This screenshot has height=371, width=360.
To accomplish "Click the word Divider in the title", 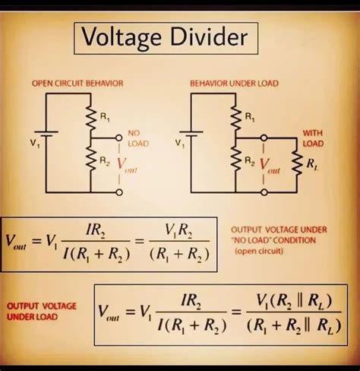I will coord(206,36).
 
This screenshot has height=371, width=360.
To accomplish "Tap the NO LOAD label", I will coord(138,138).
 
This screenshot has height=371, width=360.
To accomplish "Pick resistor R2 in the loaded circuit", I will coord(236,161).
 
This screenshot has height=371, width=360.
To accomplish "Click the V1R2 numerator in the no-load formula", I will coord(182,229).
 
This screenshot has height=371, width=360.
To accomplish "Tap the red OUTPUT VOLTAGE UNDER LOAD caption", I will coord(42,309).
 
